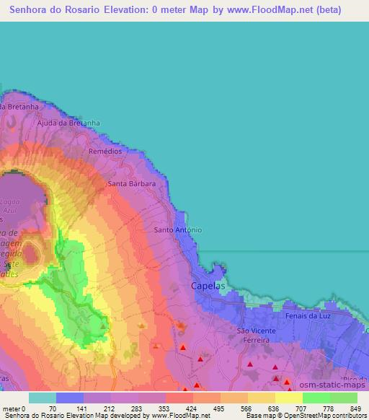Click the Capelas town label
(208, 286)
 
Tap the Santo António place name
(178, 230)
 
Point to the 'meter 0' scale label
(14, 408)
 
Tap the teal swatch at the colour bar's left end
(42, 397)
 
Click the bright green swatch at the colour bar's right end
(343, 397)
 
